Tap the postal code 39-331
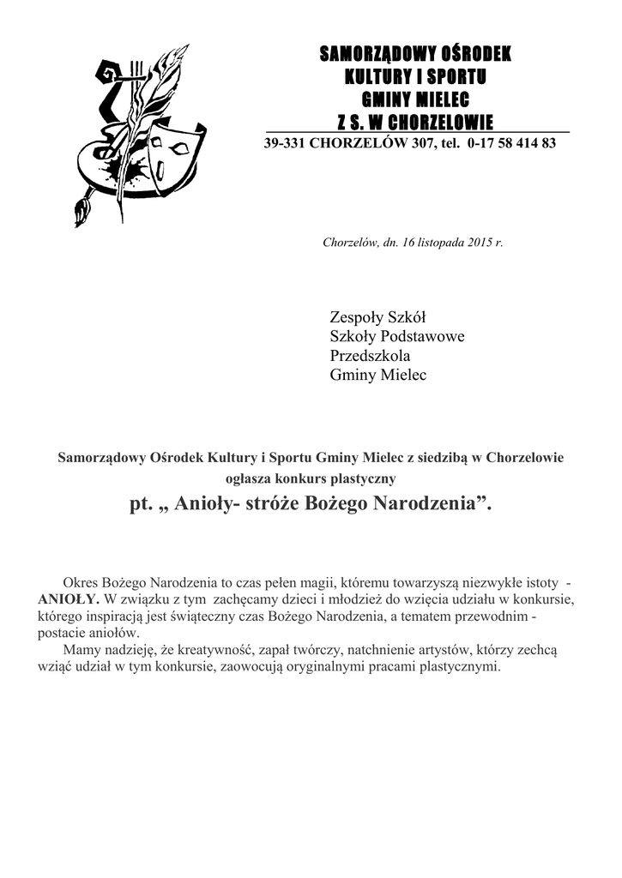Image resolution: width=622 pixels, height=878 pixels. click(x=283, y=143)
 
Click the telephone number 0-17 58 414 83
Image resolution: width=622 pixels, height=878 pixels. click(x=513, y=143)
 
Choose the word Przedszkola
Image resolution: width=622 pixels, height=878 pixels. click(x=371, y=356)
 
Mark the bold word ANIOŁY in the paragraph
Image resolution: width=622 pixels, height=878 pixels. click(x=69, y=598)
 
